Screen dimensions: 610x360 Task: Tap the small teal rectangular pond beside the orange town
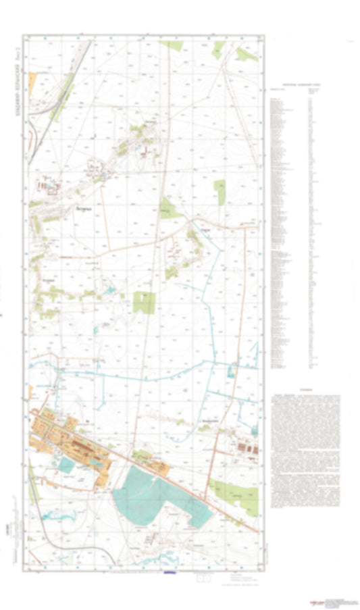click(x=66, y=464)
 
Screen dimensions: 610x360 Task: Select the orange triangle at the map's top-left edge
click(x=32, y=83)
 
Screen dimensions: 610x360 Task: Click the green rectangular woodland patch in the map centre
click(x=143, y=302)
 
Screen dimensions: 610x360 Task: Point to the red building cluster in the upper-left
click(x=47, y=183)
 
